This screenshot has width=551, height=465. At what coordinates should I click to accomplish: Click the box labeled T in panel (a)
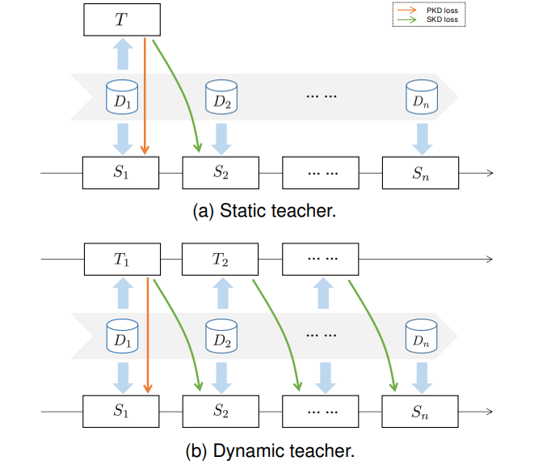[121, 19]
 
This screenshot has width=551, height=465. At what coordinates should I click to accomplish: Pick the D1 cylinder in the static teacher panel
[121, 99]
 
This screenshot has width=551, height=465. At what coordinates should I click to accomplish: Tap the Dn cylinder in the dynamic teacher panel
[420, 337]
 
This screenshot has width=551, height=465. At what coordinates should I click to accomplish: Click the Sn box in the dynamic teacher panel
[420, 412]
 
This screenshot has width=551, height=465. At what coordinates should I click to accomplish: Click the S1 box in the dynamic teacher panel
[121, 412]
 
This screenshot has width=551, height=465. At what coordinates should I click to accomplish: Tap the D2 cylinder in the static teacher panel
[221, 99]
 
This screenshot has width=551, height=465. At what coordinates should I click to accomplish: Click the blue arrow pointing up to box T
[121, 55]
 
